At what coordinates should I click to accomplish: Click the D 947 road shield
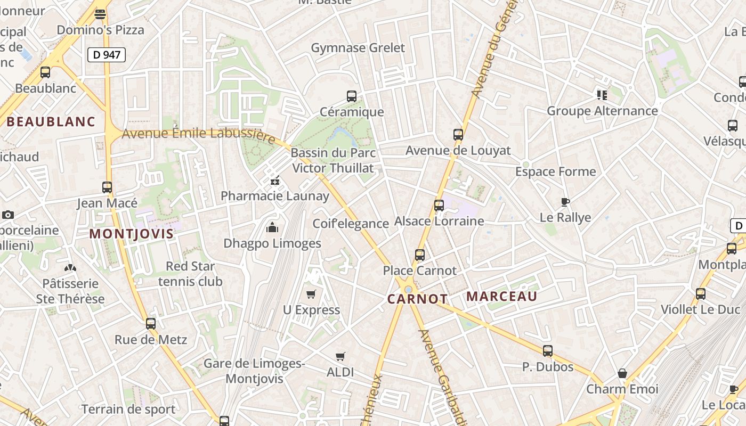coord(107,54)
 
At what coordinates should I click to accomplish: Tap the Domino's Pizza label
coord(101,30)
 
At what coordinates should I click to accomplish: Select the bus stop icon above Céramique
coord(352,96)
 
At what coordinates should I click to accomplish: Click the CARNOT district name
coord(417,299)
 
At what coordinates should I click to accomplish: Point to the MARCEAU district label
coord(502,297)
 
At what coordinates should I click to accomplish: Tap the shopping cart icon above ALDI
coord(340,356)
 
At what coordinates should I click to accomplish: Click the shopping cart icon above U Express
coord(311,294)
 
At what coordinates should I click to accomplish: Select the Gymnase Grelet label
coord(358,48)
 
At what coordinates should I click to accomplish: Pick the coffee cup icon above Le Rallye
coord(565,202)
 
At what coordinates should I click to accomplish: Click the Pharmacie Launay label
coord(275,196)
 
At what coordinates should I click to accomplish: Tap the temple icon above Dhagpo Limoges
coord(272,228)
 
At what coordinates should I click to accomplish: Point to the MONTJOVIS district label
coord(131,234)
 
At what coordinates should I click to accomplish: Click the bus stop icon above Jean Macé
coord(107,187)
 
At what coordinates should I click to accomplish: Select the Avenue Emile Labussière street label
coord(198,135)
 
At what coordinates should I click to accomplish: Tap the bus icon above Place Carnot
coord(420,255)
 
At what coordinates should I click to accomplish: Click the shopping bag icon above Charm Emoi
coord(622,373)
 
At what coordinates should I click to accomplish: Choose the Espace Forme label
coord(555,172)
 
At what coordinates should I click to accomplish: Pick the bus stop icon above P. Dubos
coord(548,351)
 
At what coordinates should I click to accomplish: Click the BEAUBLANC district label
coord(51,122)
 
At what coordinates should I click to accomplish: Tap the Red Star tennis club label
coord(190,274)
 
